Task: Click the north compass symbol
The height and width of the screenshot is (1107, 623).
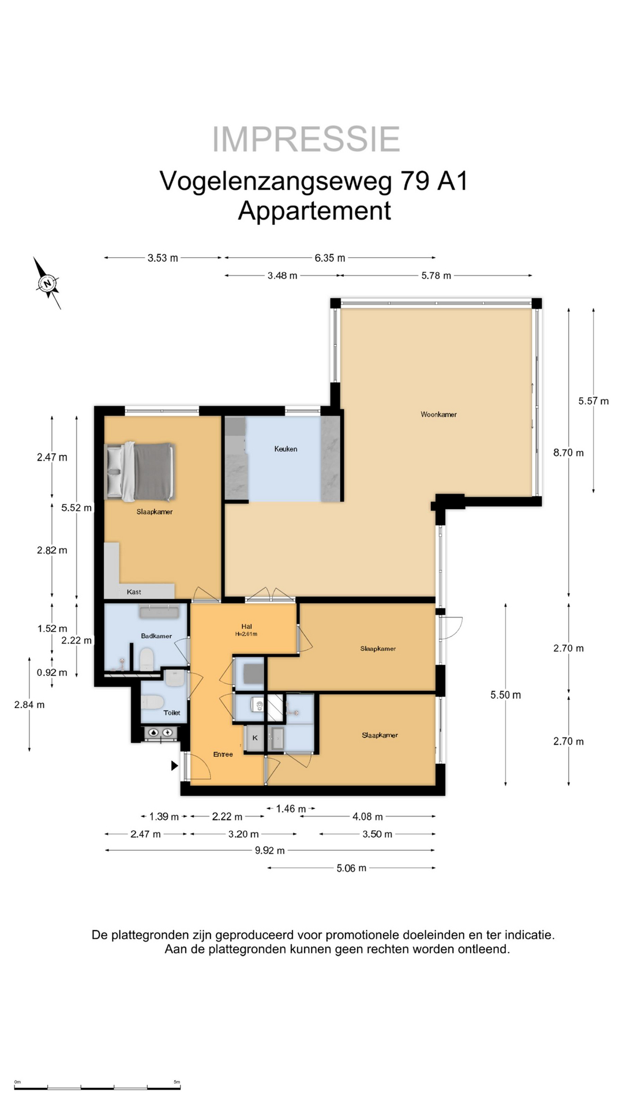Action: (47, 283)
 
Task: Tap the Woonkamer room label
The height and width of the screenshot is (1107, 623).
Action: (438, 415)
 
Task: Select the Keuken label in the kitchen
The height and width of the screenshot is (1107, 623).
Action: (286, 449)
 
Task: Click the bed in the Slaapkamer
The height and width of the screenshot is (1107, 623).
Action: (140, 472)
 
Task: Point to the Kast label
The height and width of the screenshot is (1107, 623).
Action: (134, 592)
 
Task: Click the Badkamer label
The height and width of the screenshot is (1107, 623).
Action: (156, 636)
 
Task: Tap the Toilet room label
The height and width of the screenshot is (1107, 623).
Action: (172, 713)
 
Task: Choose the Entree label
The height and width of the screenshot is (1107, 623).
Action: (223, 754)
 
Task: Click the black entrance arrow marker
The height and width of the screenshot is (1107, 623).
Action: (174, 766)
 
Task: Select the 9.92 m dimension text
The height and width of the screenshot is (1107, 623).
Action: (270, 850)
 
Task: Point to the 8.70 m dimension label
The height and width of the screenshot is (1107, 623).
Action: (568, 453)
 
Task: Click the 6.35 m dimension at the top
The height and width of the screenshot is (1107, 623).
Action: (330, 258)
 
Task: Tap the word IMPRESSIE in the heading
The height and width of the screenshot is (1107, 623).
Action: (306, 140)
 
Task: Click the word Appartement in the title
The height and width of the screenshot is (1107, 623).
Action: (314, 210)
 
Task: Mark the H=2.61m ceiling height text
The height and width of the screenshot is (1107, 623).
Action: (246, 634)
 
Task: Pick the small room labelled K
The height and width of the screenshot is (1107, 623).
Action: (255, 738)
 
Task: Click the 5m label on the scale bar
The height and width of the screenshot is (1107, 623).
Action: (177, 1082)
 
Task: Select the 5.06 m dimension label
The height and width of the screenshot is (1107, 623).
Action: (351, 868)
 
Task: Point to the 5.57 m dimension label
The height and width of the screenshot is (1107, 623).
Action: (594, 401)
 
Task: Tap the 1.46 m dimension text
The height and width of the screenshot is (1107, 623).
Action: (291, 809)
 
